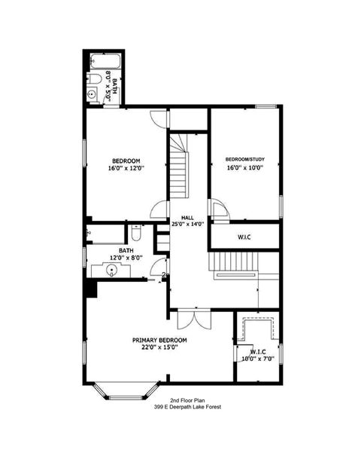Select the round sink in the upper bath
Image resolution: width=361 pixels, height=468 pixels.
(91, 95)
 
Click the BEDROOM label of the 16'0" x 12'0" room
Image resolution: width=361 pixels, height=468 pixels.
(126, 161)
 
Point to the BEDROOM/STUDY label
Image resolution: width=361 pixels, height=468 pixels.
(244, 160)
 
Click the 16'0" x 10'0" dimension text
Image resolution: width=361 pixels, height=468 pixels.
(244, 169)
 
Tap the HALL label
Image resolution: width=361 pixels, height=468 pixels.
(177, 217)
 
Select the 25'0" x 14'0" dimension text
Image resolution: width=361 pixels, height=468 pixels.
(187, 225)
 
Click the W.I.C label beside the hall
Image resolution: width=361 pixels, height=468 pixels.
(244, 237)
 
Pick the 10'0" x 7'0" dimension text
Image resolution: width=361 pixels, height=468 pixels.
(253, 359)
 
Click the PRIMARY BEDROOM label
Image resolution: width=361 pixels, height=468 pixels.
(159, 341)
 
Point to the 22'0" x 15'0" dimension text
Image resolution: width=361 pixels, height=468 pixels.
(159, 349)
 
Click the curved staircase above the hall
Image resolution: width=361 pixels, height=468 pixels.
(178, 166)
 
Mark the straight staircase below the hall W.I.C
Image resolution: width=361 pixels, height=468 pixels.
(235, 264)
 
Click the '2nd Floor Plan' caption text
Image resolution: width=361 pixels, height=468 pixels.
(187, 401)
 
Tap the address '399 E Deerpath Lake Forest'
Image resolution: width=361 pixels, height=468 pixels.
(187, 408)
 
